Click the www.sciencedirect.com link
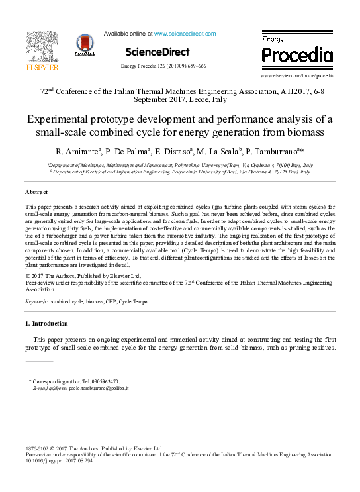click(185, 33)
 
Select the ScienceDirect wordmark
click(157, 52)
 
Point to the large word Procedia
click(296, 54)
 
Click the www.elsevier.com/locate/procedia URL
click(297, 76)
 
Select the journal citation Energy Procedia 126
click(163, 66)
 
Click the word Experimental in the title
click(59, 119)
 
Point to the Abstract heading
click(37, 191)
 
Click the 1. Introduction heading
click(46, 324)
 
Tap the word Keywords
click(36, 301)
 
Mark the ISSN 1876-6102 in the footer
click(38, 449)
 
